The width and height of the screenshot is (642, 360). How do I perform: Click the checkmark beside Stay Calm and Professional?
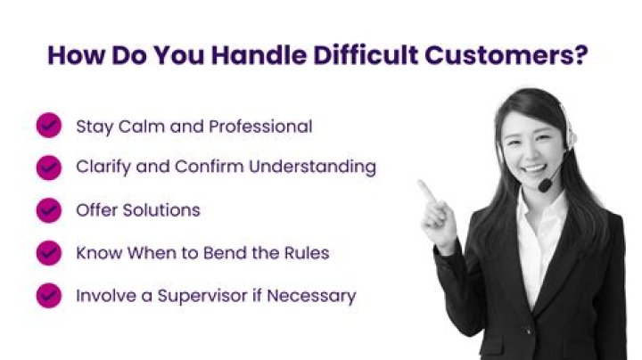click(x=48, y=126)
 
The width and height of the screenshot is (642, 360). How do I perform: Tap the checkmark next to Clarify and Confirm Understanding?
click(x=48, y=167)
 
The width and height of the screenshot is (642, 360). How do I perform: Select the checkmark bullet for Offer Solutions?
click(x=48, y=210)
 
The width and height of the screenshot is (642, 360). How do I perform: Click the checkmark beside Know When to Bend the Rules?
click(x=48, y=253)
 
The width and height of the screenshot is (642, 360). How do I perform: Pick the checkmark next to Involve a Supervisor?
click(x=48, y=295)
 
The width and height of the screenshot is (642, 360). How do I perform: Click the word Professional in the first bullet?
click(x=260, y=127)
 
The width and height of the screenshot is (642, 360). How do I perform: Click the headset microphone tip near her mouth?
click(x=544, y=186)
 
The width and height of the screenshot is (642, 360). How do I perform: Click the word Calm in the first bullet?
click(x=138, y=127)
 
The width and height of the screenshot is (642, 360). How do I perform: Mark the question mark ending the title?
click(x=580, y=55)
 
